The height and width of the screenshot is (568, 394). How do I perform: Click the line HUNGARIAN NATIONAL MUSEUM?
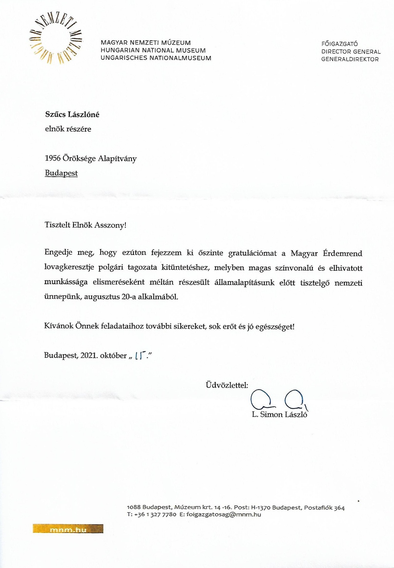153,50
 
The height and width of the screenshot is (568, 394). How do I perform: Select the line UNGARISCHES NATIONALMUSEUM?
156,58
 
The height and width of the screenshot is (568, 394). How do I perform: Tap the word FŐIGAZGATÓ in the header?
339,44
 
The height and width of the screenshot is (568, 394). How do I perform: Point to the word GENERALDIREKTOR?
350,59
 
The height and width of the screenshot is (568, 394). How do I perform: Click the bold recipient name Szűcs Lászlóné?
72,114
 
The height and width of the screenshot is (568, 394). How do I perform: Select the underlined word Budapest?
61,173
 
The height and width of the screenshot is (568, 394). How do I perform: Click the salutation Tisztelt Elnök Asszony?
85,225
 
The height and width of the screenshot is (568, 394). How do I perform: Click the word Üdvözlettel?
227,385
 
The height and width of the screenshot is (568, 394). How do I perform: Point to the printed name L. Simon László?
280,414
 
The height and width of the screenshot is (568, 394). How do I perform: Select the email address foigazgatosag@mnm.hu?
224,514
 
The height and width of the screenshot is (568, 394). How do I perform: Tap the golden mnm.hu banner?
68,529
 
